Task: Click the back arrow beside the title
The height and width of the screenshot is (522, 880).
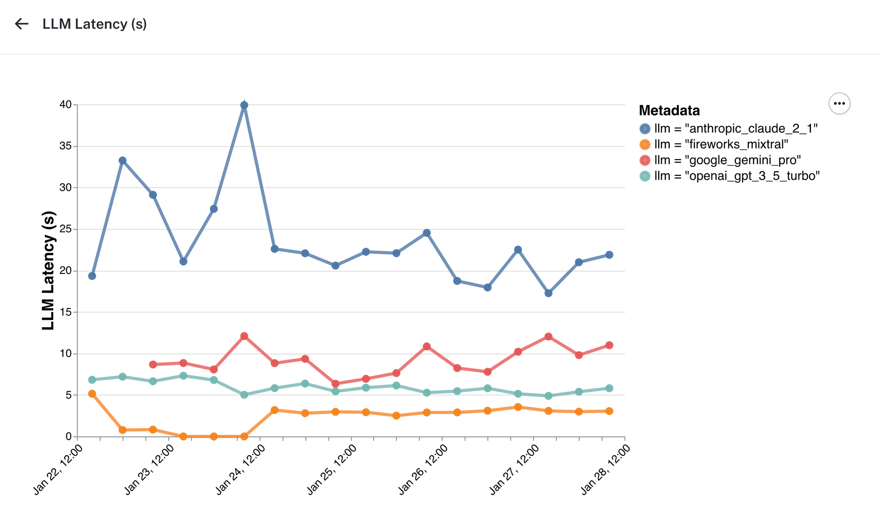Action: (x=22, y=24)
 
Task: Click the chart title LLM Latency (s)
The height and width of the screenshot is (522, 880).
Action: (x=94, y=24)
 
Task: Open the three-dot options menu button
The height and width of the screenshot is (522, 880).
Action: (x=839, y=104)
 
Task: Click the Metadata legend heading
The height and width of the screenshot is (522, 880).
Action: (x=669, y=110)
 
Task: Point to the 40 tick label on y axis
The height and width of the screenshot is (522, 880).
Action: (x=66, y=105)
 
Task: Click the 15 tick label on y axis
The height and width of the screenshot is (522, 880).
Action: (x=66, y=312)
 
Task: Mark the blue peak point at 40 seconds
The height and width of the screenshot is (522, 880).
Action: (x=244, y=105)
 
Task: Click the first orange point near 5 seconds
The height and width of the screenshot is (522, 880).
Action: (x=92, y=394)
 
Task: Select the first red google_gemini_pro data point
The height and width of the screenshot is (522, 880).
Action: (x=153, y=364)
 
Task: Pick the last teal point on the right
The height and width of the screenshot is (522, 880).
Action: (x=609, y=388)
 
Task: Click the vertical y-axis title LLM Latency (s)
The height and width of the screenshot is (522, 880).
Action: (x=48, y=270)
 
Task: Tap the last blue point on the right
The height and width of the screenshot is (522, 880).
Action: (x=609, y=255)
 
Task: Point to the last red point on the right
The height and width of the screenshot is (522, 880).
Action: (x=609, y=345)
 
